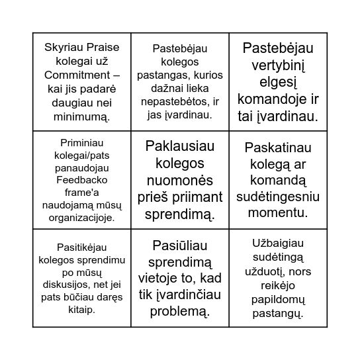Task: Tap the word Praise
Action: click(101, 47)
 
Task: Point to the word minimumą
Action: click(81, 116)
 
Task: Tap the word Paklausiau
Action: click(180, 146)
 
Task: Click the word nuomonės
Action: click(180, 179)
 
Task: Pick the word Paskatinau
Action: click(278, 146)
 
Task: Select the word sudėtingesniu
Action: click(278, 196)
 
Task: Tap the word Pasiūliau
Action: click(180, 245)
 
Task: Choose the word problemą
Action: click(180, 310)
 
